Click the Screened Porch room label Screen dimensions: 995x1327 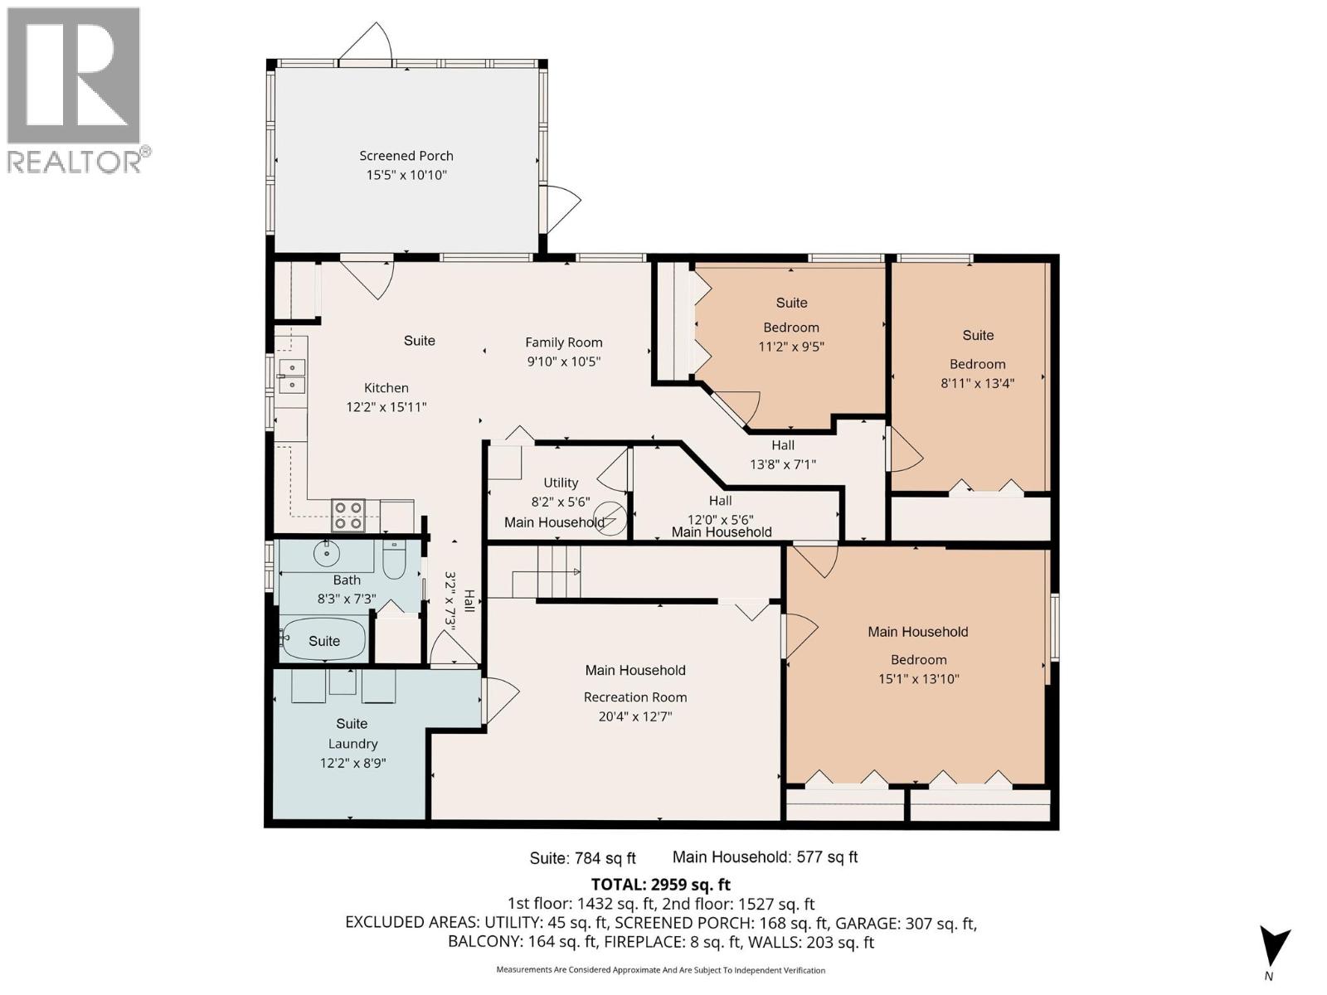click(406, 156)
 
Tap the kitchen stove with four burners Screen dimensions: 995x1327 click(348, 515)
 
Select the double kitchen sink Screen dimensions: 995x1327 click(291, 376)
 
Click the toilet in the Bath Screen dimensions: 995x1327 click(393, 561)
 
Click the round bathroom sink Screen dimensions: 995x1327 click(327, 551)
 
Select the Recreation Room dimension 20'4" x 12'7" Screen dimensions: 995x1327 click(635, 716)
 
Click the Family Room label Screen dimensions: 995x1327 click(563, 342)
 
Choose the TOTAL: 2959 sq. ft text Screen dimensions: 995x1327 click(660, 885)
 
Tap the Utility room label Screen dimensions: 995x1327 click(561, 483)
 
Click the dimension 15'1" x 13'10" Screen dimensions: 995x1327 click(918, 679)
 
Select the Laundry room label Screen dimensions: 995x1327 click(352, 744)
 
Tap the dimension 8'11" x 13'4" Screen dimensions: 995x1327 click(977, 383)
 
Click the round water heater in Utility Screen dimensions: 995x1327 click(611, 519)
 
